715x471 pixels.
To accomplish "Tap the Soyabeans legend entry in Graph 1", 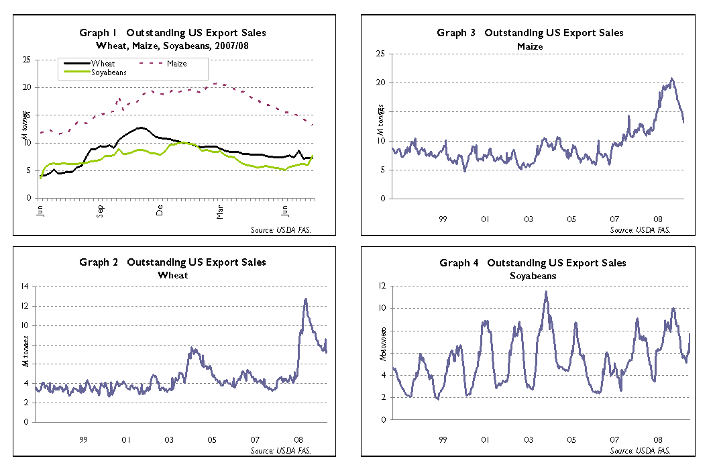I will [x=108, y=71].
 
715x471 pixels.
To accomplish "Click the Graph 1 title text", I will [x=172, y=32].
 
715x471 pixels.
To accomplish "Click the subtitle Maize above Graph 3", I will [x=530, y=46].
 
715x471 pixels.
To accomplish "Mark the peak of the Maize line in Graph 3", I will [x=671, y=78].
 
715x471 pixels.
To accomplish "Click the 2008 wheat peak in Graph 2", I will [x=306, y=299].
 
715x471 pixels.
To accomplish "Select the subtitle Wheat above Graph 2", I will [x=172, y=274].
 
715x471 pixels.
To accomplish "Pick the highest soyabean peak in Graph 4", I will [x=546, y=292].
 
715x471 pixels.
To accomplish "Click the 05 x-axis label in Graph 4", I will [x=571, y=440].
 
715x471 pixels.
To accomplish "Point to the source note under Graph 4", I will [x=640, y=450].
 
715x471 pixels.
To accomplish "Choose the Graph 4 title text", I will [x=533, y=262].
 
